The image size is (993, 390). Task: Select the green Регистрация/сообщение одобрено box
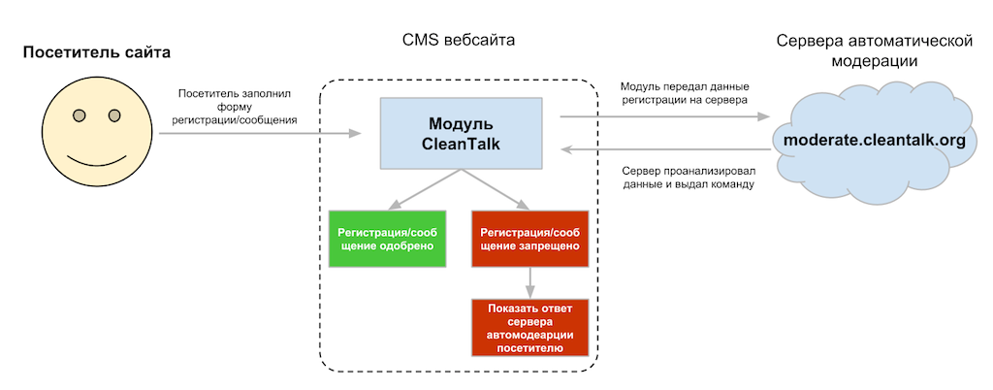[386, 238]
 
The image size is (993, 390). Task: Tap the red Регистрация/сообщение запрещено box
[530, 238]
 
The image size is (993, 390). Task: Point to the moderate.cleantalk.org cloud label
[874, 140]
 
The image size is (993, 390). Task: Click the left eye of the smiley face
[80, 116]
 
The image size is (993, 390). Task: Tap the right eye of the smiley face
[114, 116]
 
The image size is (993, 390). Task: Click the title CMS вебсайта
[459, 41]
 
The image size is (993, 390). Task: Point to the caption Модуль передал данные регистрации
[684, 93]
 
